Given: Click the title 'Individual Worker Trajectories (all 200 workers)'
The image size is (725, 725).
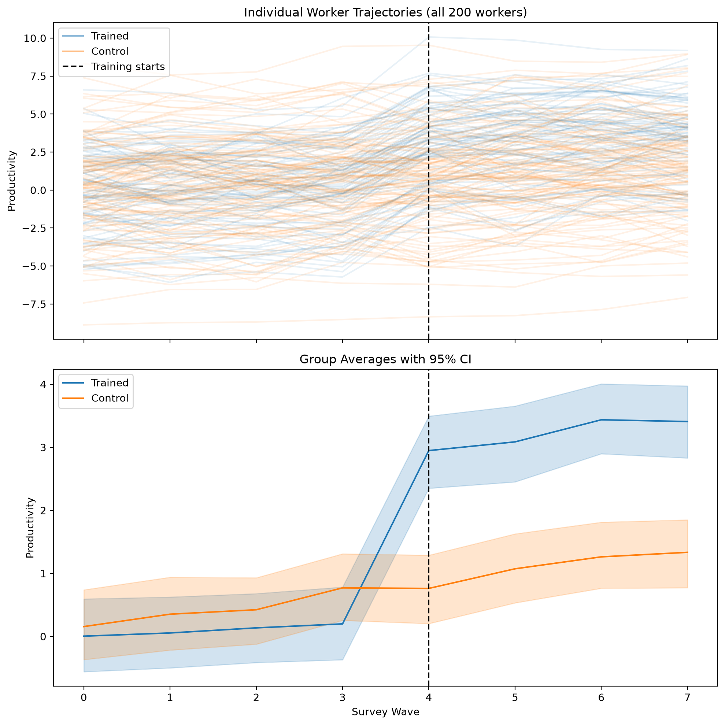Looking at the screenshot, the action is click(385, 12).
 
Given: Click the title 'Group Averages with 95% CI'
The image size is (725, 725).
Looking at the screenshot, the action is click(385, 359).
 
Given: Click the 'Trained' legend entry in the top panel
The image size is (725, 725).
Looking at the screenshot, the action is click(110, 36).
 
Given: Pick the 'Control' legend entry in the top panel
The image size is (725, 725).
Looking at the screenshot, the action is click(110, 51).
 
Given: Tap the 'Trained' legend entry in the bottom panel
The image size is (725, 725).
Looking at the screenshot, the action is click(110, 383).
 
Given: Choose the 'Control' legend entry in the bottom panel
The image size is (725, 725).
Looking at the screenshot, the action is click(110, 398).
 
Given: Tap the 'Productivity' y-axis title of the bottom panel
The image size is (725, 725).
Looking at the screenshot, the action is click(30, 528).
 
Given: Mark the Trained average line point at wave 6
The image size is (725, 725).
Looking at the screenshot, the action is click(601, 420).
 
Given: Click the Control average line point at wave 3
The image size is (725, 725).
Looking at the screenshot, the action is click(342, 588).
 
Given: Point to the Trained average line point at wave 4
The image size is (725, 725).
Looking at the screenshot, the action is click(429, 451).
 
